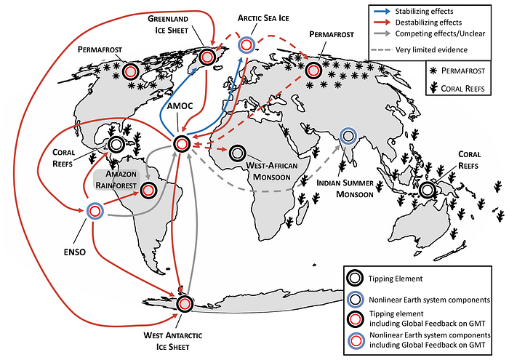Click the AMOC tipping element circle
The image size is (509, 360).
tap(182, 143)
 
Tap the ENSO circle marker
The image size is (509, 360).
tap(95, 212)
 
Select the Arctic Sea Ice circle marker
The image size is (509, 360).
tap(247, 45)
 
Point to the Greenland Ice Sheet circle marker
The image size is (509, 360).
tap(207, 57)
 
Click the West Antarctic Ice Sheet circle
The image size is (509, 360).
tap(185, 304)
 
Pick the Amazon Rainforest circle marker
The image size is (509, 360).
tap(148, 191)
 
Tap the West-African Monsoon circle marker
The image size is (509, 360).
tap(238, 153)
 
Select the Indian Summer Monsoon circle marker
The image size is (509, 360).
tap(348, 135)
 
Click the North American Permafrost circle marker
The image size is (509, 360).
tap(130, 71)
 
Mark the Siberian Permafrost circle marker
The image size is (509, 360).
tap(313, 70)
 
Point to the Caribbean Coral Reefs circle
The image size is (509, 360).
tap(116, 145)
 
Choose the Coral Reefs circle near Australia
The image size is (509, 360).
tap(428, 190)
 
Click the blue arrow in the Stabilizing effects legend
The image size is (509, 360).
tap(382, 12)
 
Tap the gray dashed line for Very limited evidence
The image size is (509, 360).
tap(382, 50)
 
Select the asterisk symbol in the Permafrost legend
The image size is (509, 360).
tap(433, 71)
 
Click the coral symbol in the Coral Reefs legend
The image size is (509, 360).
tap(433, 88)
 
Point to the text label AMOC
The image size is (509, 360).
tap(180, 106)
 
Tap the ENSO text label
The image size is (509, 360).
tap(75, 252)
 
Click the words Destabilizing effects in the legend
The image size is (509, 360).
tap(428, 23)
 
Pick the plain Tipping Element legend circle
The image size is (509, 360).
tap(355, 279)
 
